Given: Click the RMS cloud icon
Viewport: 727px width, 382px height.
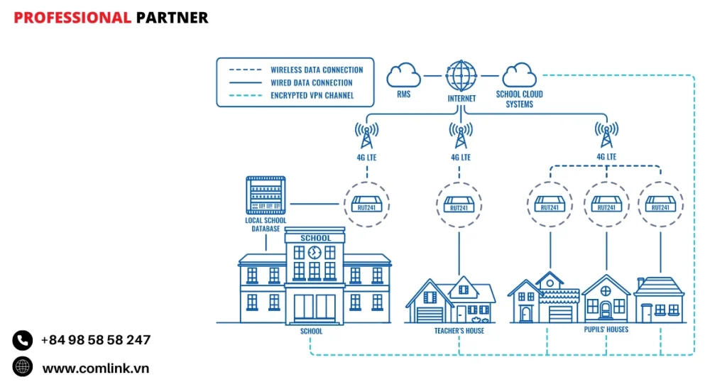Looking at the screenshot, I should [x=403, y=75].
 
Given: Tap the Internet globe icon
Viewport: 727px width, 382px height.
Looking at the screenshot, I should [x=461, y=75].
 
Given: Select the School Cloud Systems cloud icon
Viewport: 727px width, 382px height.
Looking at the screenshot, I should [x=519, y=75].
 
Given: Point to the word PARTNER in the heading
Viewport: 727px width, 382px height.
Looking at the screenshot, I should [x=172, y=18].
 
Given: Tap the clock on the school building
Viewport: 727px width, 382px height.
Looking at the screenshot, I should [x=315, y=252].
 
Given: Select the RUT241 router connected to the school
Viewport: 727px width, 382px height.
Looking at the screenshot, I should [x=367, y=204].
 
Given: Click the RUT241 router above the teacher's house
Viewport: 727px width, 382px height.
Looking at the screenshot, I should [x=459, y=204].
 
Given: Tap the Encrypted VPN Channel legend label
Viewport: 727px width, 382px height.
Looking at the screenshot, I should [x=312, y=95].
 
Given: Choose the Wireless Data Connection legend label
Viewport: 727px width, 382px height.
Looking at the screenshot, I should [x=317, y=70].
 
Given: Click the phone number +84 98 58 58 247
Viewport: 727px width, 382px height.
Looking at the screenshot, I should [x=96, y=340].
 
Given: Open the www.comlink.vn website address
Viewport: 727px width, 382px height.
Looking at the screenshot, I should [x=96, y=368].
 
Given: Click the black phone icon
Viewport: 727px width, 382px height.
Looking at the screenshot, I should [x=23, y=340].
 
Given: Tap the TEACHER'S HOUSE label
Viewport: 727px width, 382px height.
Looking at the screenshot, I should [x=459, y=331].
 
